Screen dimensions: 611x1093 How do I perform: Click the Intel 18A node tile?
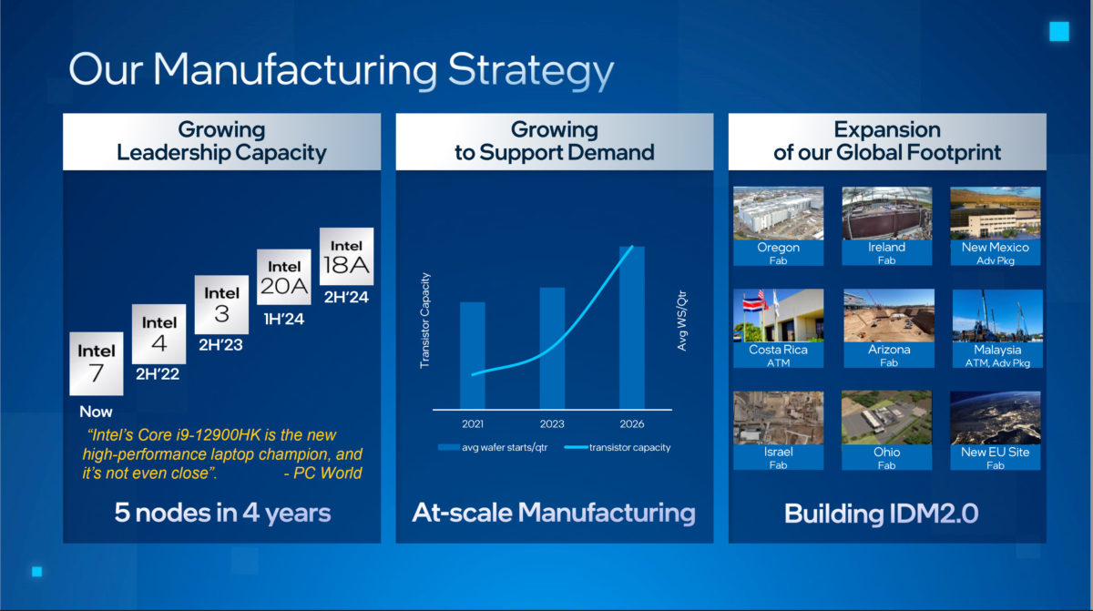(346, 257)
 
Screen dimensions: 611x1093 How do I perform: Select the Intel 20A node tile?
(284, 280)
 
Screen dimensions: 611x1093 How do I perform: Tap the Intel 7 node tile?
(97, 362)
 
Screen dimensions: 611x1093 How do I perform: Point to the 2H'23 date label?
(221, 345)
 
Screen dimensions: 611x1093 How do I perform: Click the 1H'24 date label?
(283, 320)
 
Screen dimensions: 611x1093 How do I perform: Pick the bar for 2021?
(472, 354)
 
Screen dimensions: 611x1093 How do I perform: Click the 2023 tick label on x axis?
(552, 424)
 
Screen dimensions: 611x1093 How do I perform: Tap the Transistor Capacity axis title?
(424, 321)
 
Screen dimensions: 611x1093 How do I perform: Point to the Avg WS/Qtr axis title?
(682, 321)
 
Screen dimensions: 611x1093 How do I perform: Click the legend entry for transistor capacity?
(618, 447)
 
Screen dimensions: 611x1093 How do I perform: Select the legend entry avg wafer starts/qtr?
(493, 447)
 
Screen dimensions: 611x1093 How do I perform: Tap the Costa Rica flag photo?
(779, 315)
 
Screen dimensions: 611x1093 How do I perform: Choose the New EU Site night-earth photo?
(995, 418)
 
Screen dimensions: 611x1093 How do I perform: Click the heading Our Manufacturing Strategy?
(341, 70)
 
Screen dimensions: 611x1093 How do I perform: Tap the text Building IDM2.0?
(881, 513)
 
